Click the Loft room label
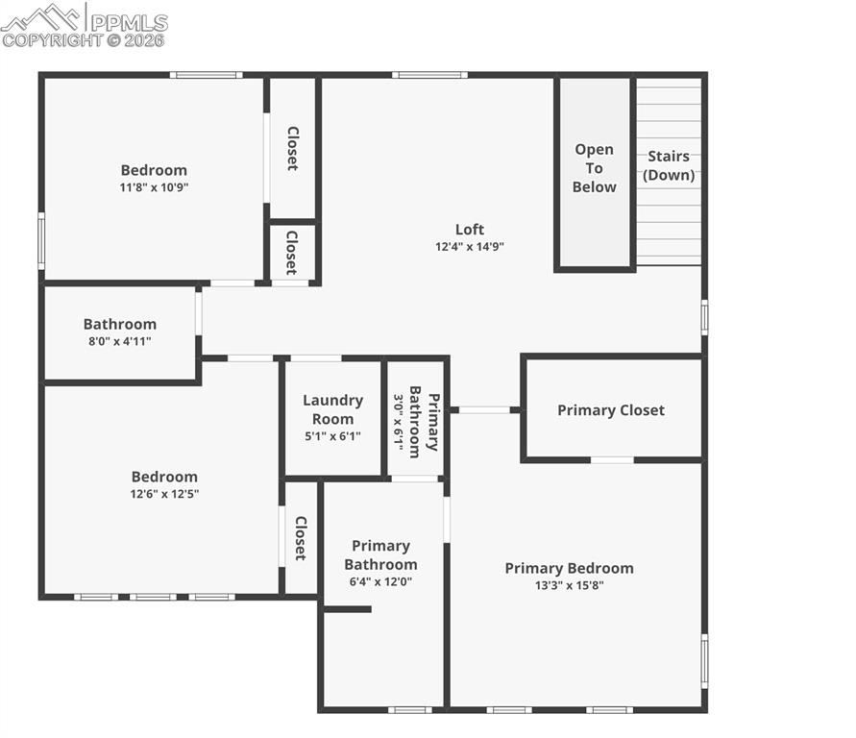[470, 229]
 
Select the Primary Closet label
[611, 410]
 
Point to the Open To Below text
[594, 168]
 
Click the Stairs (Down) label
[669, 165]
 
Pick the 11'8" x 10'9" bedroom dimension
[154, 187]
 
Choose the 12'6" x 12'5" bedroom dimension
[164, 494]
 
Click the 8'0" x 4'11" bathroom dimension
[119, 341]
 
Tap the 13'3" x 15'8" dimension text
[569, 585]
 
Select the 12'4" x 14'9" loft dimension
[470, 246]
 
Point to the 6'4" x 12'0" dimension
[380, 581]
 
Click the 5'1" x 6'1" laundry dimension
[332, 436]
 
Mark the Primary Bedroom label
[569, 568]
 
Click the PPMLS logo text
[129, 21]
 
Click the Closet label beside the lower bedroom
[300, 538]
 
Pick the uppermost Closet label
[292, 149]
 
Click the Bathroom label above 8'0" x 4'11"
[119, 324]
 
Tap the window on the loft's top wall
[429, 75]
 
